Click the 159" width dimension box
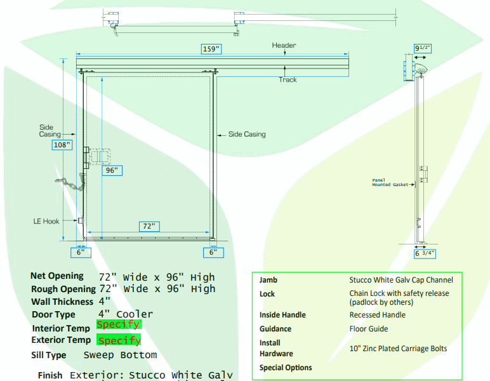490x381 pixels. pyautogui.click(x=211, y=49)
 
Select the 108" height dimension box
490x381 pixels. pyautogui.click(x=62, y=145)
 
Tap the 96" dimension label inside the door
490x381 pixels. pyautogui.click(x=112, y=170)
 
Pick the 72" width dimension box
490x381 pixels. pyautogui.click(x=149, y=226)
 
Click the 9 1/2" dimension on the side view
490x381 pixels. pyautogui.click(x=423, y=48)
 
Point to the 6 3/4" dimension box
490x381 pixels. pyautogui.click(x=425, y=253)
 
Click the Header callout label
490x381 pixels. pyautogui.click(x=284, y=45)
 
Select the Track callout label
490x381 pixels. pyautogui.click(x=288, y=80)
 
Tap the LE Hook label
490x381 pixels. pyautogui.click(x=46, y=221)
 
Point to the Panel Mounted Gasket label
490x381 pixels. pyautogui.click(x=390, y=182)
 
